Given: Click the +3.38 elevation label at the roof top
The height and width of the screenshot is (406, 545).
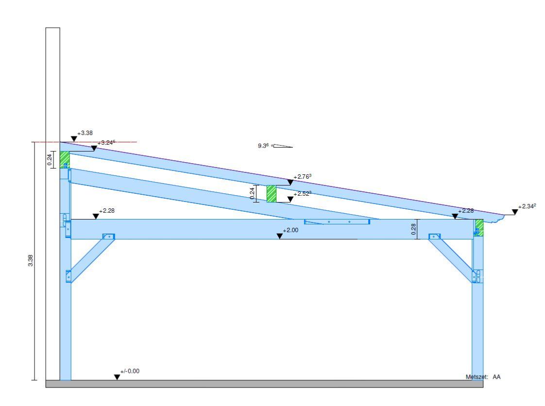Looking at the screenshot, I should (x=85, y=133).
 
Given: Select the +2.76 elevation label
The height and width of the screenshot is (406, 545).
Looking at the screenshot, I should (x=302, y=177).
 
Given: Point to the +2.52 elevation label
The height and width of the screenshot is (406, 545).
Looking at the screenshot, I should (x=302, y=193).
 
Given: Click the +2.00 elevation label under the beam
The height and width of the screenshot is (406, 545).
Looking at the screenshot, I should (x=290, y=230).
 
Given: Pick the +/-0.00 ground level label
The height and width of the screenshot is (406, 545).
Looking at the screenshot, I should (x=130, y=371).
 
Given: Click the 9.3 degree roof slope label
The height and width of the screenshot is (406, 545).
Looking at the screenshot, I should (x=264, y=145).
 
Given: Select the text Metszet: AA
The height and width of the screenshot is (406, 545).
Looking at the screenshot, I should (x=483, y=376).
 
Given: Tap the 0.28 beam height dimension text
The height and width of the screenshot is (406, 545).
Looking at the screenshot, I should (x=414, y=230).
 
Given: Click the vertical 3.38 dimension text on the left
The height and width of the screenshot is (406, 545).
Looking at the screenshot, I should (x=30, y=261).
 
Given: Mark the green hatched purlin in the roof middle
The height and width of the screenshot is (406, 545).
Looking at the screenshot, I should (x=271, y=194).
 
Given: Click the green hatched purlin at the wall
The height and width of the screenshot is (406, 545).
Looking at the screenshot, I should (x=65, y=159).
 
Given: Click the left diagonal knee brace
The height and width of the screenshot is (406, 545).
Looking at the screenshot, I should (x=91, y=258).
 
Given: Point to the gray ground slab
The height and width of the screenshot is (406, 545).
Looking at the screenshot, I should (x=264, y=384).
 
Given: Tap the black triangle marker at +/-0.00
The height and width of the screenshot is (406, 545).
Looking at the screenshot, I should (x=117, y=377).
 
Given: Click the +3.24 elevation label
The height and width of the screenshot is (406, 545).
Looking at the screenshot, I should (x=106, y=143).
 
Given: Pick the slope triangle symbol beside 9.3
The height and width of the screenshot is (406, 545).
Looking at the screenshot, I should (x=283, y=146).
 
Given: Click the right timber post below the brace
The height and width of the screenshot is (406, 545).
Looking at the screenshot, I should (x=478, y=330).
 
